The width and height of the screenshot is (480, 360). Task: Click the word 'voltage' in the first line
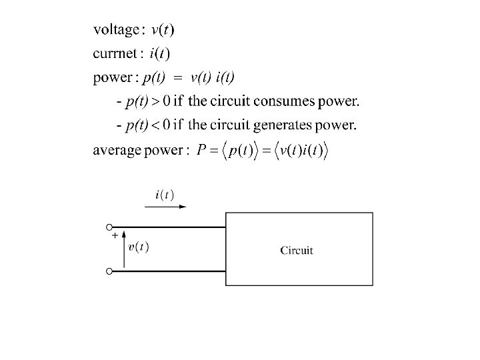click(x=116, y=30)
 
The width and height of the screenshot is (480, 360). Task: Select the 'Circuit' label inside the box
click(x=297, y=251)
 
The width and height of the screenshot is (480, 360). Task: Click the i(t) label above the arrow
click(x=165, y=195)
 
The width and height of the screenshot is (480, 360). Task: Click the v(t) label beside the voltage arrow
click(x=139, y=247)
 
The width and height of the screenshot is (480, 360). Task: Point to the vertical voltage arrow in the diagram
click(x=124, y=250)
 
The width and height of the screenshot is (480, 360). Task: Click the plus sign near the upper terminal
click(x=115, y=235)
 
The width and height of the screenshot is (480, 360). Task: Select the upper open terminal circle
click(x=109, y=227)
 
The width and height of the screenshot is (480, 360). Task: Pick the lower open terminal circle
click(x=109, y=271)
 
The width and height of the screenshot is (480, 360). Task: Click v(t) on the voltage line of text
click(x=164, y=30)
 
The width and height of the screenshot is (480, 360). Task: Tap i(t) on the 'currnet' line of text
click(x=159, y=54)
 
